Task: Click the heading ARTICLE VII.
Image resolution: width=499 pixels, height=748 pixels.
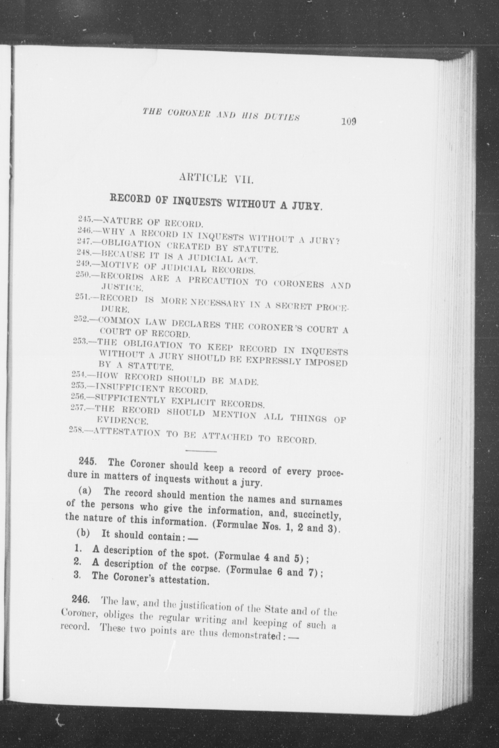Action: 216,179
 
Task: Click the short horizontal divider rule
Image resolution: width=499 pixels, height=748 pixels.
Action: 201,451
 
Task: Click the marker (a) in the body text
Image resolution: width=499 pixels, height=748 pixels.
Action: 85,491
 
